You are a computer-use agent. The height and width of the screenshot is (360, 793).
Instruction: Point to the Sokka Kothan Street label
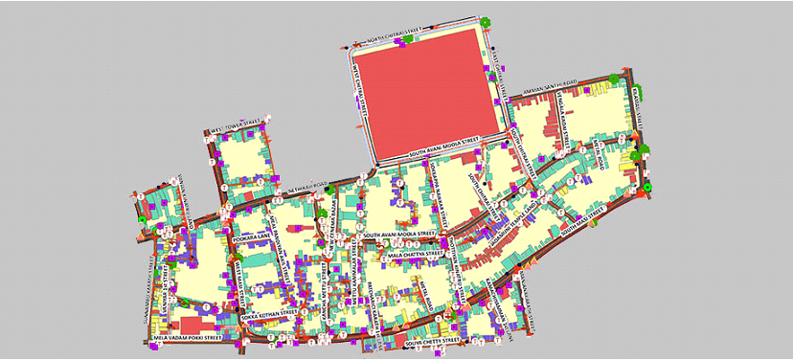click(263, 312)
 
